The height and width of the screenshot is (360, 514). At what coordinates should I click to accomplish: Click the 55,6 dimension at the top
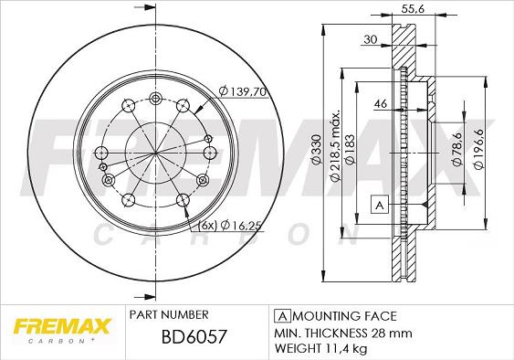[x=413, y=9]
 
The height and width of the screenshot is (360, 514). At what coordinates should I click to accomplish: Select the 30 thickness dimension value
[x=371, y=39]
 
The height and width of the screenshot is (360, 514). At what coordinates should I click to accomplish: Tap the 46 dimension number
[x=381, y=103]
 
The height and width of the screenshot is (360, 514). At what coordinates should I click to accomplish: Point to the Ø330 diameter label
[x=316, y=150]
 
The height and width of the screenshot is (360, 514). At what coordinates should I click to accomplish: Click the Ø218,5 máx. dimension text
[x=336, y=145]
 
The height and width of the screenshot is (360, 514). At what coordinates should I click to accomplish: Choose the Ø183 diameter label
[x=350, y=149]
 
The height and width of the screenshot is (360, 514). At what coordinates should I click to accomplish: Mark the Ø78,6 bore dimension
[x=456, y=149]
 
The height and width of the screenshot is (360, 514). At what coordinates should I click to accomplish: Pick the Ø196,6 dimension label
[x=478, y=149]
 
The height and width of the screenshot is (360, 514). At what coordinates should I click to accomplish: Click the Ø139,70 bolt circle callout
[x=242, y=91]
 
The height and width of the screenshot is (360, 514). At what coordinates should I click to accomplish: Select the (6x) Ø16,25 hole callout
[x=230, y=226]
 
